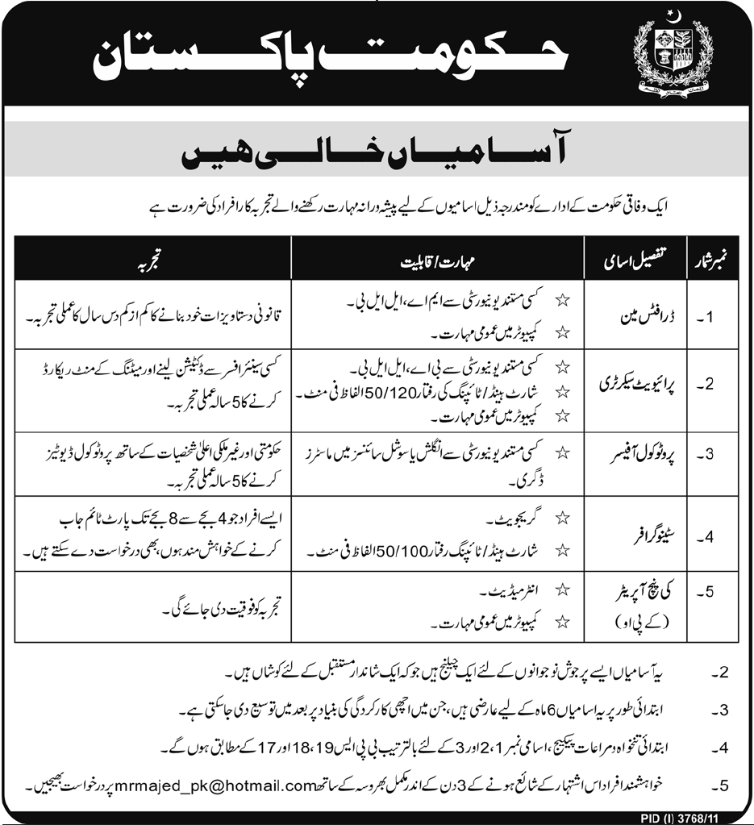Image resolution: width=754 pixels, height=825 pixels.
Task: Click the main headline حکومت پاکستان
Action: click(331, 59)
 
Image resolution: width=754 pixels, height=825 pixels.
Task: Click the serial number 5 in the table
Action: click(706, 595)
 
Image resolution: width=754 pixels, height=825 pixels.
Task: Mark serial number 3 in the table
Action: click(706, 453)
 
